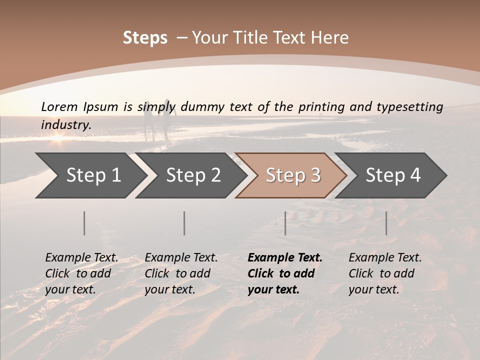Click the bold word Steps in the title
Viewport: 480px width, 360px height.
point(145,38)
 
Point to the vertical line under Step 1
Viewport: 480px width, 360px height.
point(84,223)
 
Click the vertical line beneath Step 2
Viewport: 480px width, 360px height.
point(184,223)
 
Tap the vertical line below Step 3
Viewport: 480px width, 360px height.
point(285,223)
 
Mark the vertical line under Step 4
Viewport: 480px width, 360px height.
point(386,223)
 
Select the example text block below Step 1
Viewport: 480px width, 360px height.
point(81,273)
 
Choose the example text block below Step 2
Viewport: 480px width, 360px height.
point(181,273)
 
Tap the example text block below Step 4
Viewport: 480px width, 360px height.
point(385,273)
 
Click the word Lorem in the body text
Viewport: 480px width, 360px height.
point(59,106)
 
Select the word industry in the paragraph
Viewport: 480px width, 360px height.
point(65,125)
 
